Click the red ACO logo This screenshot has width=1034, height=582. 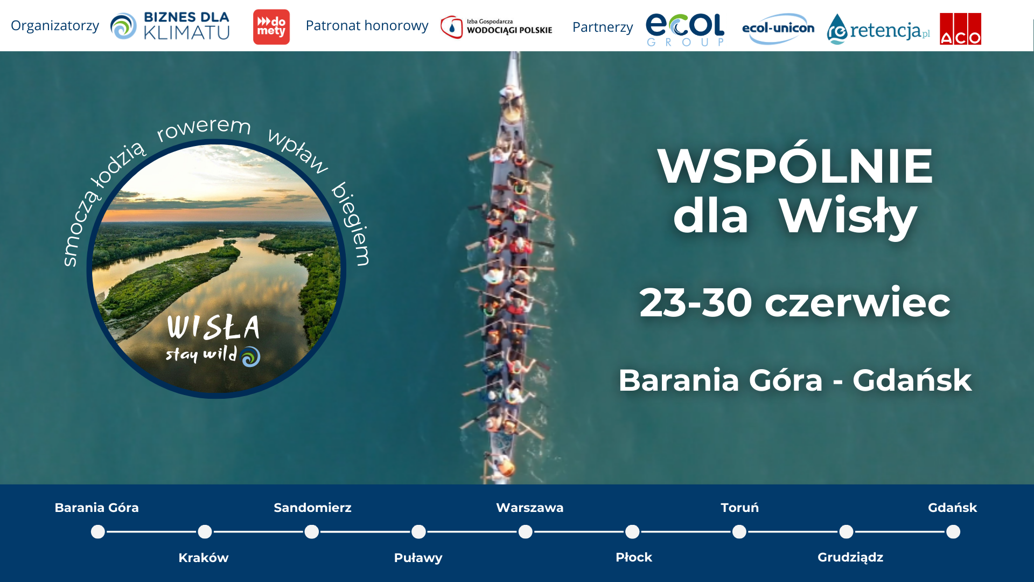click(960, 29)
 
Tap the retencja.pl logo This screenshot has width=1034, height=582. click(878, 29)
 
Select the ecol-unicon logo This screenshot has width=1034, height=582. click(778, 29)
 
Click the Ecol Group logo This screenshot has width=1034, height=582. click(685, 30)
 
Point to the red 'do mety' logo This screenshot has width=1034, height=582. click(271, 27)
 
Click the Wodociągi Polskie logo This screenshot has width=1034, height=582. click(496, 27)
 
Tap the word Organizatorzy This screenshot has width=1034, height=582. click(55, 26)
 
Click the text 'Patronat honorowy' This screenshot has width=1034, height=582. click(367, 25)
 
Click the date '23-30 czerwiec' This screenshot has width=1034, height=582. click(795, 302)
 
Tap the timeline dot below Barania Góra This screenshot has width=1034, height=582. click(98, 532)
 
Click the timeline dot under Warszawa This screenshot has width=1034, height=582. click(526, 532)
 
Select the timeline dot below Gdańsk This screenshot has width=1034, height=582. click(953, 532)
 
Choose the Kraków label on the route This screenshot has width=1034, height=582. click(204, 558)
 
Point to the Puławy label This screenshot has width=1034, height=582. click(418, 558)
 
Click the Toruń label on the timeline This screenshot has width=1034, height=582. click(739, 508)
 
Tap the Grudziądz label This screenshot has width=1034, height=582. click(850, 558)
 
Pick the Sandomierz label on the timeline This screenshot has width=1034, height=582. click(312, 508)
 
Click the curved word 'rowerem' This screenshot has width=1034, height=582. click(204, 128)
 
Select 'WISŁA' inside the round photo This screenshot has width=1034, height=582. click(213, 327)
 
